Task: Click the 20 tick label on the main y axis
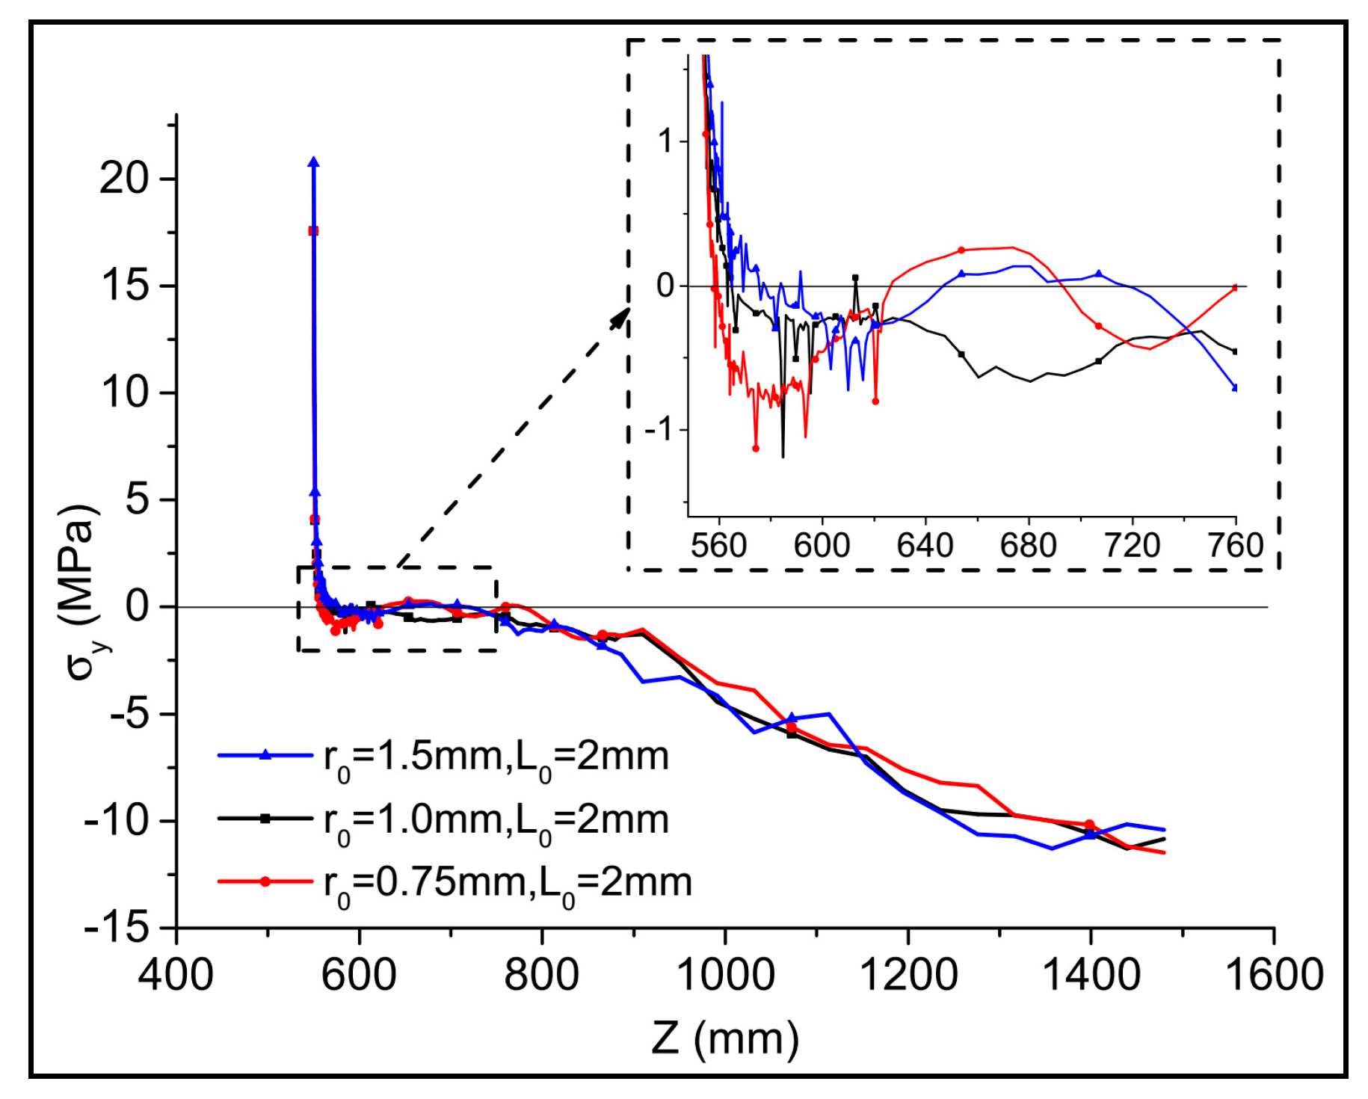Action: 125,179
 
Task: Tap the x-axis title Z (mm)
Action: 724,1038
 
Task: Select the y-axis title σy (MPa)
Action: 81,591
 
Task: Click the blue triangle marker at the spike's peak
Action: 313,162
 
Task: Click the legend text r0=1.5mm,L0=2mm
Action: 496,757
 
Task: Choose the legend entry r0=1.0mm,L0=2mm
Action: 496,819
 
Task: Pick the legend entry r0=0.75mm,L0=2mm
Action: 508,882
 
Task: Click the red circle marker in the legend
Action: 265,881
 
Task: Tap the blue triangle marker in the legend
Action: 265,755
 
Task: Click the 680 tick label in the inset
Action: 1029,546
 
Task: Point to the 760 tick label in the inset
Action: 1235,546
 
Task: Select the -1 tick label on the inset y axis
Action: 659,430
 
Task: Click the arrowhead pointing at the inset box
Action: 620,318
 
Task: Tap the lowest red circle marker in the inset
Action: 756,449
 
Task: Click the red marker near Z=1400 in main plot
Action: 1089,825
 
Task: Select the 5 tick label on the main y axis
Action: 137,499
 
